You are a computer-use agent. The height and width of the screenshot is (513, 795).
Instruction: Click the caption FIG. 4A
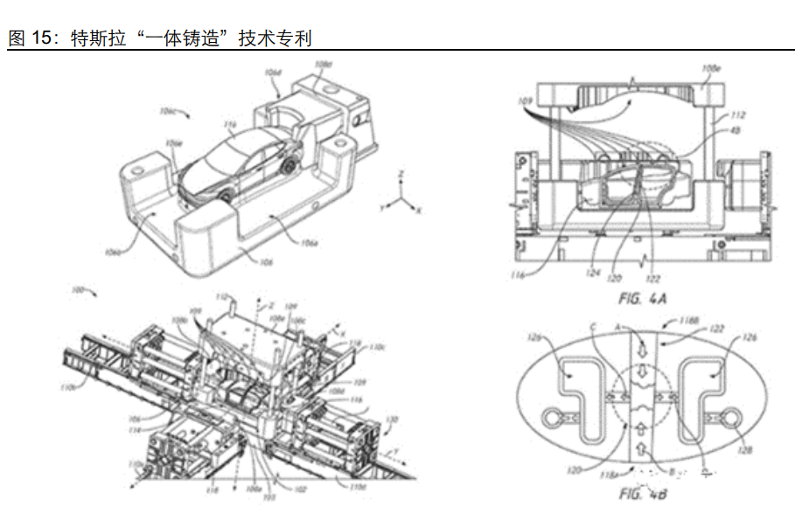point(643,298)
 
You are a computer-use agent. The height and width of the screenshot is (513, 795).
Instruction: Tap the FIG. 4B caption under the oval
point(643,495)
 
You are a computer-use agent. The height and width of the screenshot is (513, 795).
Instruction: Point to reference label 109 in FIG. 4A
point(526,102)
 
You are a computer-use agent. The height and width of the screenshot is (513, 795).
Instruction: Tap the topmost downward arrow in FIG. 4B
point(643,342)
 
